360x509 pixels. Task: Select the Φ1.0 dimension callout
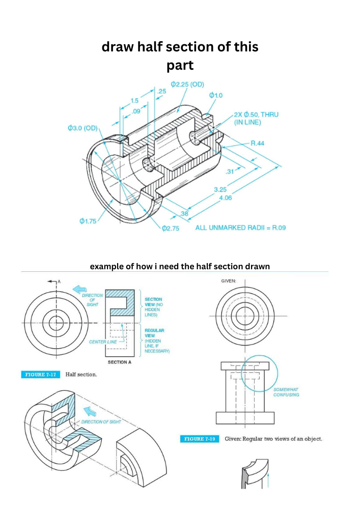215,95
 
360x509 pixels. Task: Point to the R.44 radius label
257,144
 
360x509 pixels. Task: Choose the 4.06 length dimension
225,197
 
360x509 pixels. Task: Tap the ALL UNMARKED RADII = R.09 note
240,227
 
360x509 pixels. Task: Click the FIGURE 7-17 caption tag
40,375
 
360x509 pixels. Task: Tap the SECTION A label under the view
120,362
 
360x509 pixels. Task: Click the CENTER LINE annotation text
102,342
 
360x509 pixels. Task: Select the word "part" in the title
180,66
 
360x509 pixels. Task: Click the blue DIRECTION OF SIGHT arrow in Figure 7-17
79,290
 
